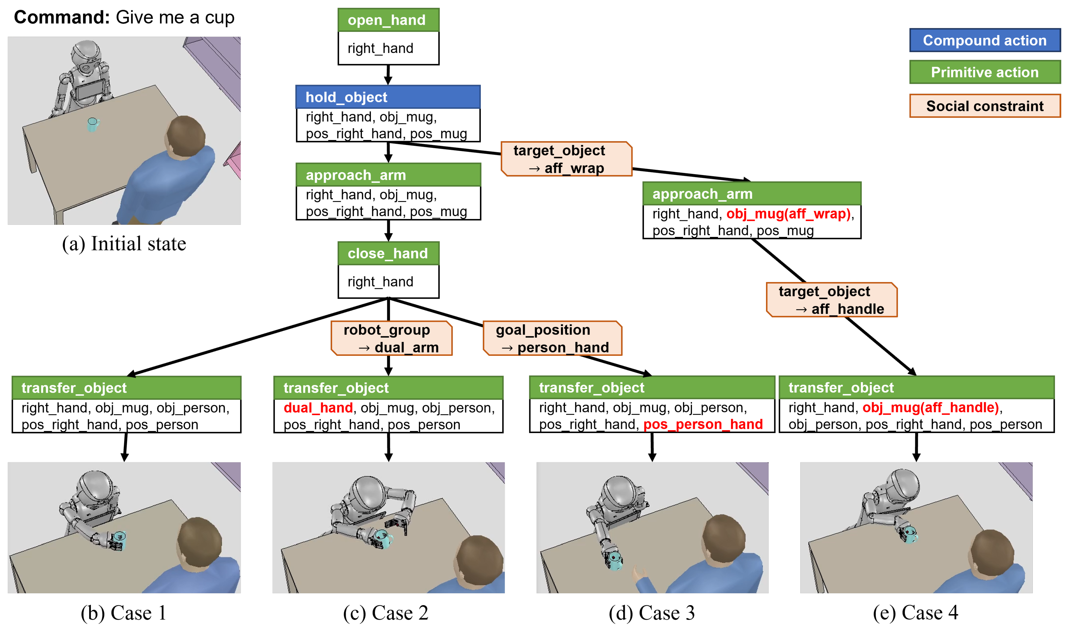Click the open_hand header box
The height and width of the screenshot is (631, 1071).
[x=388, y=20]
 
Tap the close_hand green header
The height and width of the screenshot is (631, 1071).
[x=388, y=253]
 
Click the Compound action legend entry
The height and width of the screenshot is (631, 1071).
[x=985, y=40]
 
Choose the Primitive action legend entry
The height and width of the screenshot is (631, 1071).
[x=985, y=72]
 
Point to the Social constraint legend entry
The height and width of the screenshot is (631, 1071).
[x=985, y=106]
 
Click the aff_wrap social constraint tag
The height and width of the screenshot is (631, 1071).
[x=566, y=159]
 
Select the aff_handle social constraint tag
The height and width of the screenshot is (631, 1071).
[x=832, y=300]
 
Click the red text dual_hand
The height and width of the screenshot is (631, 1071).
[x=318, y=408]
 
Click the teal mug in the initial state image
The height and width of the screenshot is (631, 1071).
[x=93, y=124]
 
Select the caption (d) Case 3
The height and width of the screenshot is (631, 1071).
[x=652, y=613]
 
